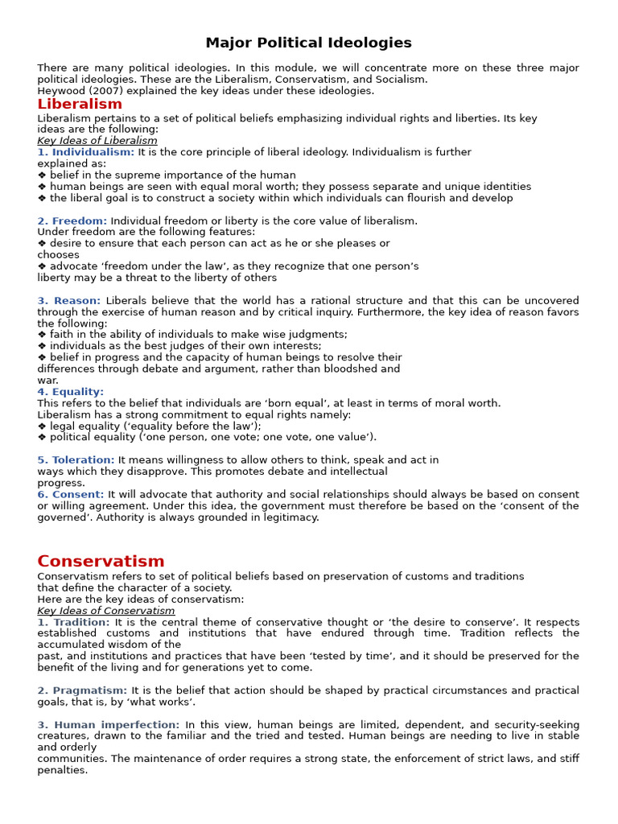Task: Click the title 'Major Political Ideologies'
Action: [x=308, y=43]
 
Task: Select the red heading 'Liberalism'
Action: [x=80, y=105]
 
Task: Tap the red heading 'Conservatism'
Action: [x=101, y=562]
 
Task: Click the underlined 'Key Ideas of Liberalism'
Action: [x=97, y=141]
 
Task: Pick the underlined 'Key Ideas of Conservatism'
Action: [x=105, y=611]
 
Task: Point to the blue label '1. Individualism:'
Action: [x=86, y=152]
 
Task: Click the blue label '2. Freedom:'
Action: [x=72, y=221]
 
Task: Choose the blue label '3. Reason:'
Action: [x=69, y=301]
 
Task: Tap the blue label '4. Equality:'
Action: [x=71, y=392]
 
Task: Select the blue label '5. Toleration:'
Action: [x=76, y=460]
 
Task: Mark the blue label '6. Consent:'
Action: [x=71, y=495]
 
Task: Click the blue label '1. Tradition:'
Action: [x=73, y=623]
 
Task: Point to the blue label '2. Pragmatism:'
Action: [x=82, y=691]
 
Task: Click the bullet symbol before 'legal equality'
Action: [x=42, y=426]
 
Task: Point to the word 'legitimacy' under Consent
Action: [x=288, y=517]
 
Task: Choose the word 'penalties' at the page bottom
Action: [x=61, y=770]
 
